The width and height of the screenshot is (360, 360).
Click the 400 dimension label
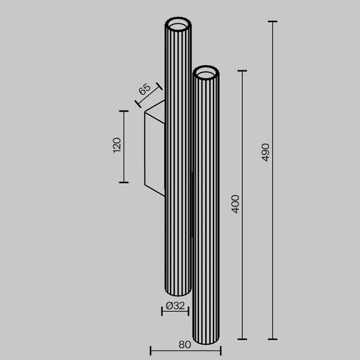[236, 204]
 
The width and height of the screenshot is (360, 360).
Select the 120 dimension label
[116, 147]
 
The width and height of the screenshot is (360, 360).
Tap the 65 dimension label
[145, 90]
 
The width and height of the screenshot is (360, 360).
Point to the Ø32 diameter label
[175, 306]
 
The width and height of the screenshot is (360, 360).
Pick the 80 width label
[184, 345]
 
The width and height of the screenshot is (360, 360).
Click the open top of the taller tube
[177, 26]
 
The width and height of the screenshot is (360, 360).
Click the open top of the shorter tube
[207, 74]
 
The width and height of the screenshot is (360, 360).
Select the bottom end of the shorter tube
[207, 341]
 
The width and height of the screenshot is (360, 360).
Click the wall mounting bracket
[155, 148]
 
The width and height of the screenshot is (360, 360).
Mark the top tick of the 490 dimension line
[273, 21]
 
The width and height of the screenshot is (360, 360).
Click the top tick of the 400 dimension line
[243, 71]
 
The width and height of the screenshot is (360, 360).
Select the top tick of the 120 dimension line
[124, 111]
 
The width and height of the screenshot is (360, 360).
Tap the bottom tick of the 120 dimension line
[124, 183]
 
